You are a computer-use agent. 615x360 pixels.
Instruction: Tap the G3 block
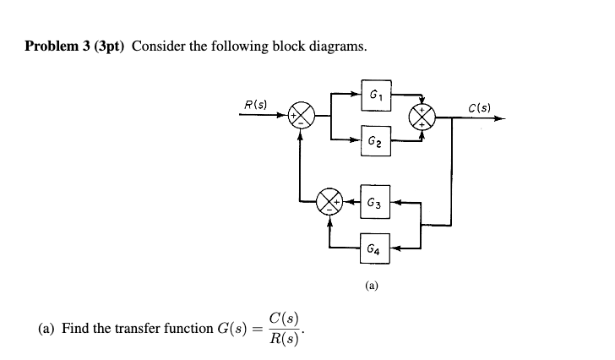pyautogui.click(x=376, y=204)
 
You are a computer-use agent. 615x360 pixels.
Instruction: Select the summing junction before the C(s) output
pyautogui.click(x=423, y=118)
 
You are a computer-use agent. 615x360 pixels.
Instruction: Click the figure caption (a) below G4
pyautogui.click(x=372, y=286)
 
